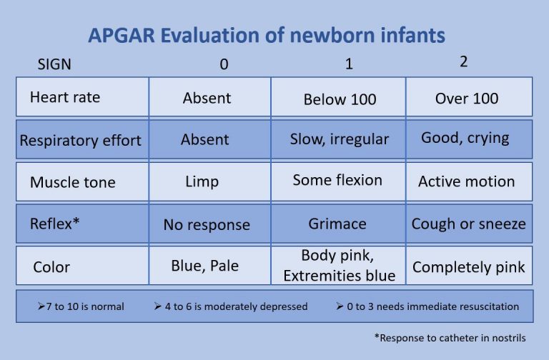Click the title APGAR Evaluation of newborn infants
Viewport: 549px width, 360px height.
click(x=267, y=35)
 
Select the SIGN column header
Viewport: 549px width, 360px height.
click(x=54, y=64)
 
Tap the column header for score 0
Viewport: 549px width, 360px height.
click(x=224, y=64)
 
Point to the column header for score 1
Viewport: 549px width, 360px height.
click(x=349, y=64)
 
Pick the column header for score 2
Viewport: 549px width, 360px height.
click(x=463, y=62)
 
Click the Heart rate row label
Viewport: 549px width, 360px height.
click(x=64, y=97)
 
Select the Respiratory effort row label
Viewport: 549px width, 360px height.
click(x=81, y=140)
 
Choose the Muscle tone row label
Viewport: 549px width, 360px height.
click(x=71, y=182)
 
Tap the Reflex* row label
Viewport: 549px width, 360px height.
click(x=54, y=224)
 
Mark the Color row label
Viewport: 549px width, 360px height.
click(x=51, y=267)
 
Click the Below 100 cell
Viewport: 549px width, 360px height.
click(x=340, y=99)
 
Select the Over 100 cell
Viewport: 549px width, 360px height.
click(x=467, y=98)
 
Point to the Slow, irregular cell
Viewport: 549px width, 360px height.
click(x=340, y=139)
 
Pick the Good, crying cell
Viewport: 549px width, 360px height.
click(x=465, y=138)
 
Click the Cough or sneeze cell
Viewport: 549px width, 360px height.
click(x=468, y=224)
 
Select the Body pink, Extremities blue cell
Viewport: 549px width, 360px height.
click(x=338, y=265)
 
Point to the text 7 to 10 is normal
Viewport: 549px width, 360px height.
click(x=81, y=306)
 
